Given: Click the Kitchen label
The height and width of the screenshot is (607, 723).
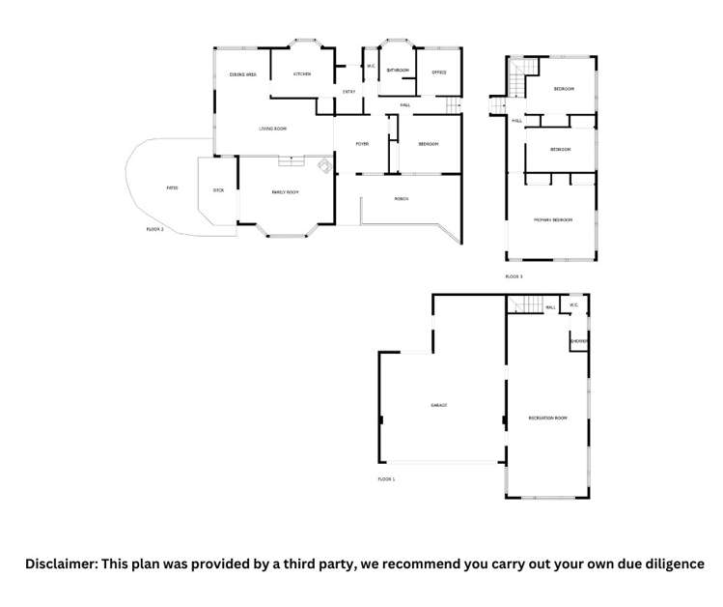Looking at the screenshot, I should [302, 73].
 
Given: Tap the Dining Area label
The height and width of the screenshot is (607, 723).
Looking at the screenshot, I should [242, 74].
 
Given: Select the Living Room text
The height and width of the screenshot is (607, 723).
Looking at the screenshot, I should [272, 129].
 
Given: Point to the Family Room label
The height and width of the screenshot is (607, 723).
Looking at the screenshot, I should [285, 193].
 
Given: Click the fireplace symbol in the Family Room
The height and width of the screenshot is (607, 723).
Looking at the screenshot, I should [325, 166].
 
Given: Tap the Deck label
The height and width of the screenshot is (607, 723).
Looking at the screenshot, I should [218, 190].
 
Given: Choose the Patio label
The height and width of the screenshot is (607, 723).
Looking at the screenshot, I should [172, 188].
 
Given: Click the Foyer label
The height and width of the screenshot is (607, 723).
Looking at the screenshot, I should [362, 144].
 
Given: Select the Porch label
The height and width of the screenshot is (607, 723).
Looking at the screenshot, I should [402, 199].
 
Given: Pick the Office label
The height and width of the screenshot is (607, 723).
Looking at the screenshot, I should [438, 72].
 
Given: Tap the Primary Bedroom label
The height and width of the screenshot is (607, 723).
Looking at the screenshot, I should [553, 220].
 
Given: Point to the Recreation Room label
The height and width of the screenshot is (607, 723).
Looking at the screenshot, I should [547, 418].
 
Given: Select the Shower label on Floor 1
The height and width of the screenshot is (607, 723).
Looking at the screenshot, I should [578, 341].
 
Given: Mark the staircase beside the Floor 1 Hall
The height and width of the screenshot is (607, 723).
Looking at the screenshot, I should [524, 306].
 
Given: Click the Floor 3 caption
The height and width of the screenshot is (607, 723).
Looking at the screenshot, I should [514, 277].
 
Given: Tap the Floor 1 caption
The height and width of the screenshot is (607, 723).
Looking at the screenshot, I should [386, 479].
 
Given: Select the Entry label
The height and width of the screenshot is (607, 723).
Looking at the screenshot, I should [349, 92].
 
